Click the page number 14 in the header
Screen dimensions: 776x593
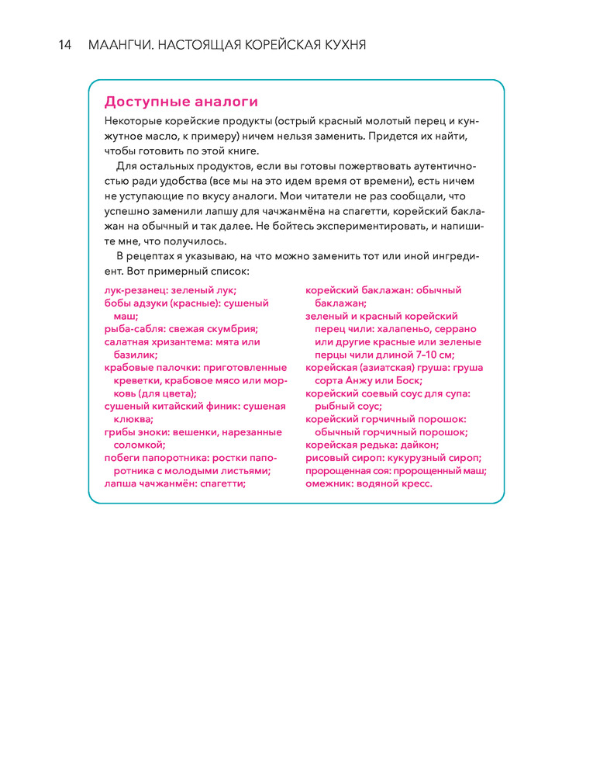[64, 45]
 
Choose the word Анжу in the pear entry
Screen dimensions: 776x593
[357, 380]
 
